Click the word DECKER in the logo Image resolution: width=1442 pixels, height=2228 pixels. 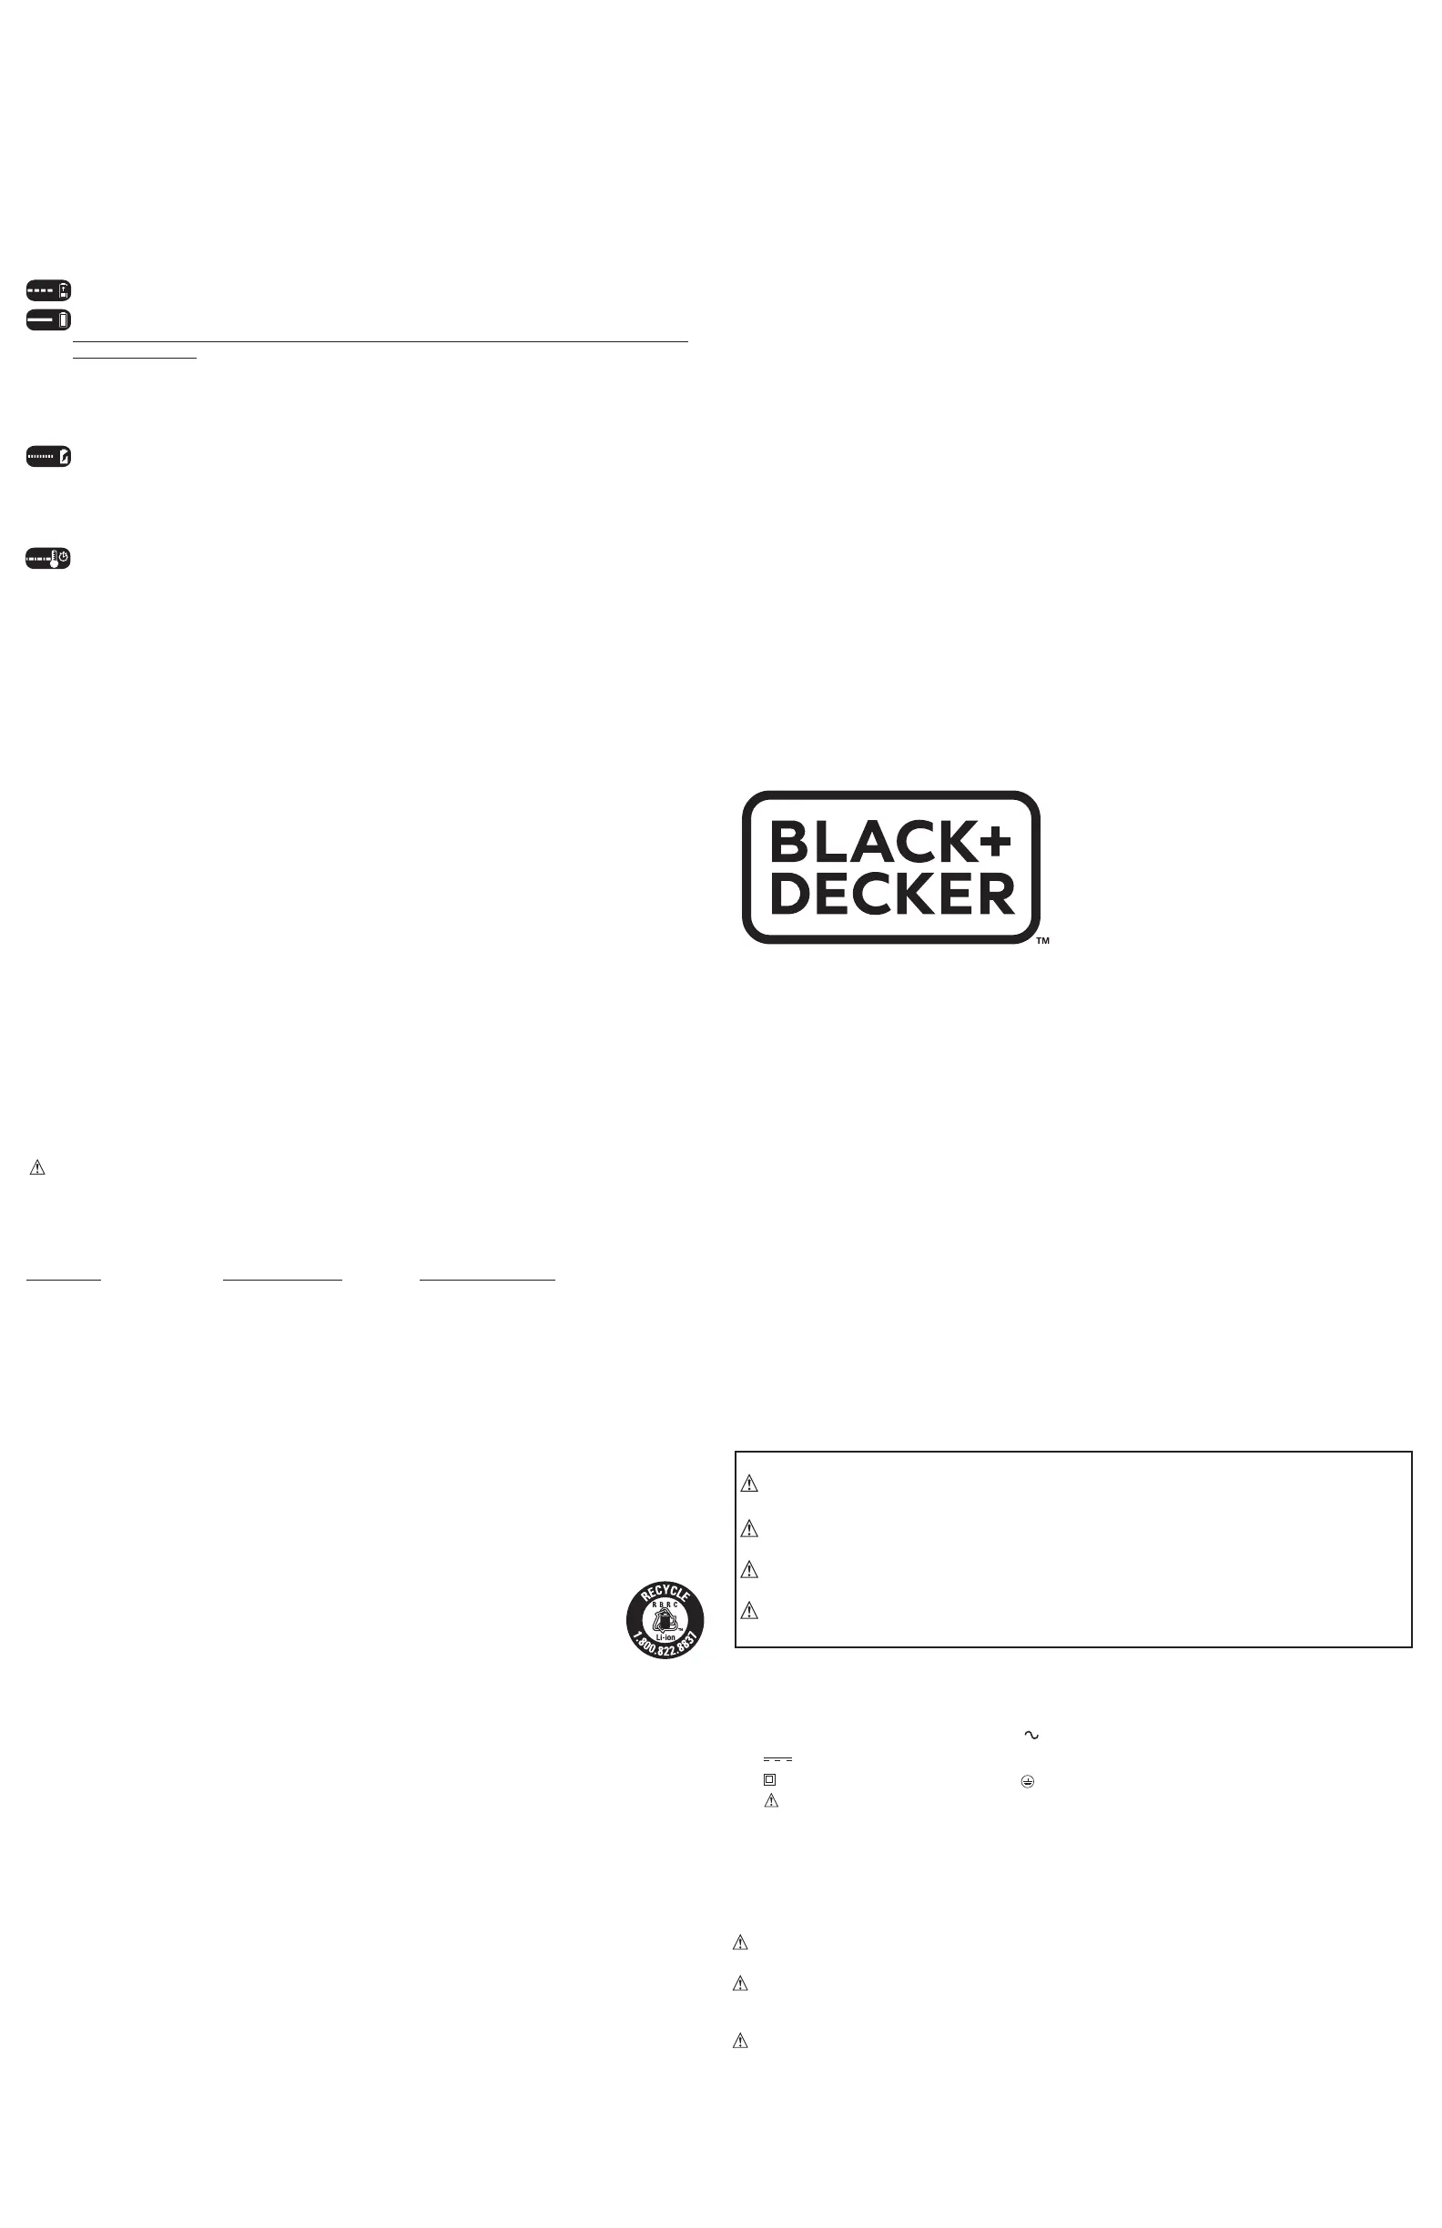click(x=891, y=894)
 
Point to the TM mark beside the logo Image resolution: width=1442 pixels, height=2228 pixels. click(x=1042, y=941)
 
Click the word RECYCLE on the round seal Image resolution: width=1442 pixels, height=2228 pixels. click(x=665, y=1594)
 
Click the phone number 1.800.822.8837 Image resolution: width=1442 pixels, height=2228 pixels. click(x=665, y=1648)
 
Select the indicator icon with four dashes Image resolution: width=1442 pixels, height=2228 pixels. click(x=48, y=290)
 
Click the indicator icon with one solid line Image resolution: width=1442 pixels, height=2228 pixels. click(x=48, y=320)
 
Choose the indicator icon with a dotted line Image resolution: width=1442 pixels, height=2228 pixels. click(x=48, y=457)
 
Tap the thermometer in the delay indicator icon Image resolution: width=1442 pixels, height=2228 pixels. click(x=54, y=559)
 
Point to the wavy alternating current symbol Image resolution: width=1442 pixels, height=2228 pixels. click(x=1031, y=1735)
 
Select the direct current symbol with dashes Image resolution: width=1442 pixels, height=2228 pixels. click(x=777, y=1760)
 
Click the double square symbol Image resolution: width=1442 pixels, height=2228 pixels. click(x=769, y=1779)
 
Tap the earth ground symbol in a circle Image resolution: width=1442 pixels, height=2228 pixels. click(x=1027, y=1782)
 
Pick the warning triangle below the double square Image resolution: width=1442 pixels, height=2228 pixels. click(x=772, y=1800)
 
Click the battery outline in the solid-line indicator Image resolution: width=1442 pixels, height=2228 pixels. click(x=64, y=320)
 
